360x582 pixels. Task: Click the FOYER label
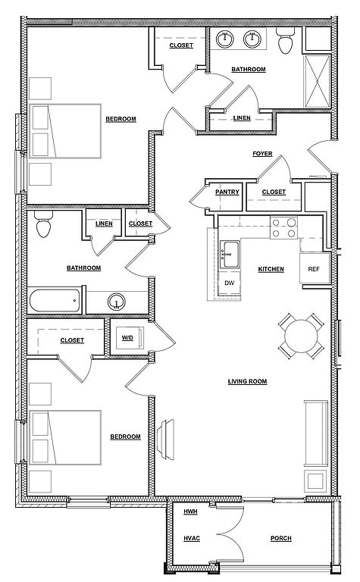(262, 154)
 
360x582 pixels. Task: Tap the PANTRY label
(227, 192)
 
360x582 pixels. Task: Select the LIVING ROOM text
(247, 382)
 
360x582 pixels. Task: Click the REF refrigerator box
(315, 268)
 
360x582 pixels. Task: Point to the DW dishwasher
(230, 283)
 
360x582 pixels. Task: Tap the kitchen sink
(230, 255)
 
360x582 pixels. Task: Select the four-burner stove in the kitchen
(284, 228)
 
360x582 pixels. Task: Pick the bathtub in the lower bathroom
(55, 301)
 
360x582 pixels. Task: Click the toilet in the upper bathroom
(286, 40)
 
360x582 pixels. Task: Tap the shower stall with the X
(317, 82)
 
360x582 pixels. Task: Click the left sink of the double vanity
(224, 39)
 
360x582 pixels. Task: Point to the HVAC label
(192, 539)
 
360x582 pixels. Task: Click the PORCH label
(281, 539)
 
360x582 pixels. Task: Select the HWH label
(190, 512)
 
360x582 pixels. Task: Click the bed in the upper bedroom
(65, 131)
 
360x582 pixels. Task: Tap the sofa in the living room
(316, 433)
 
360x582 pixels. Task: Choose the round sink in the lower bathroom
(117, 302)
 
